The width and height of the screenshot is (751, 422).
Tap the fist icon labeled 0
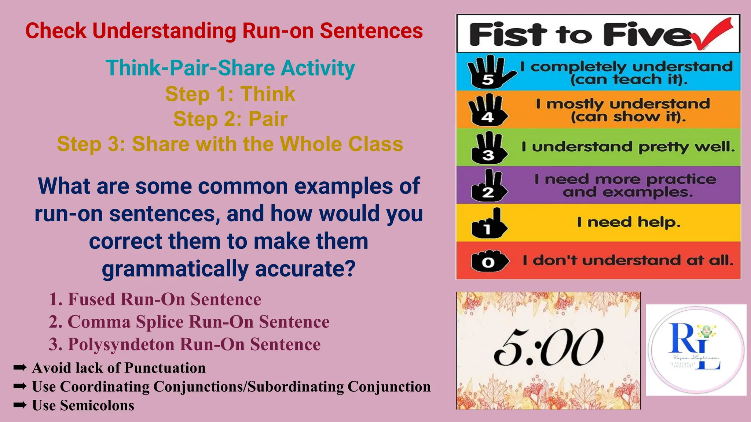(489, 262)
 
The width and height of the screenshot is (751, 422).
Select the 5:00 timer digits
(549, 347)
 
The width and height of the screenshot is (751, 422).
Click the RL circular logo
(696, 350)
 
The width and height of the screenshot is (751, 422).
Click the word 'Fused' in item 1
(91, 299)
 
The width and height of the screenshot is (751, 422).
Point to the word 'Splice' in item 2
(160, 322)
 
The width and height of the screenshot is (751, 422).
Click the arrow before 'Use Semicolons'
(20, 405)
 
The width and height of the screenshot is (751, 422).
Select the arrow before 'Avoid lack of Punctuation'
(20, 367)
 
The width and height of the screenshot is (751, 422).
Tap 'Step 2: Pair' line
(230, 119)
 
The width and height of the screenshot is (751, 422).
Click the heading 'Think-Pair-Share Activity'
(230, 68)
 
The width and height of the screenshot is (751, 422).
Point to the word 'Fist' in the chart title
(505, 34)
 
